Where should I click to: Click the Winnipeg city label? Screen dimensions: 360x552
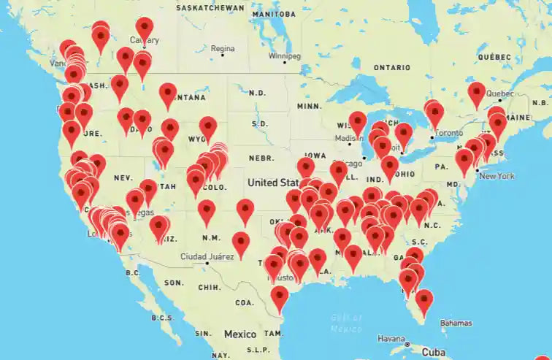pyautogui.click(x=283, y=55)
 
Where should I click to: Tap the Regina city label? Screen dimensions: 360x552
pyautogui.click(x=223, y=49)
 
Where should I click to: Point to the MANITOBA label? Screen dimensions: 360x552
pyautogui.click(x=275, y=14)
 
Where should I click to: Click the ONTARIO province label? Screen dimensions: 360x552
pyautogui.click(x=392, y=67)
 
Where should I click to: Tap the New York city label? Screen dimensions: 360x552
pyautogui.click(x=497, y=176)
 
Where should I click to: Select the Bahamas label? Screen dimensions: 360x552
pyautogui.click(x=455, y=323)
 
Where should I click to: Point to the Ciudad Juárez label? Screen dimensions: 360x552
pyautogui.click(x=207, y=256)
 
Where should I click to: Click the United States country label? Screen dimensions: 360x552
pyautogui.click(x=272, y=182)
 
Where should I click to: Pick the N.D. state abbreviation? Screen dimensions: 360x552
pyautogui.click(x=257, y=93)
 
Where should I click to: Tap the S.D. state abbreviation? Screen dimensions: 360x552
pyautogui.click(x=260, y=123)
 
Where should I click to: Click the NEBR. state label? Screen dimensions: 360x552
pyautogui.click(x=261, y=158)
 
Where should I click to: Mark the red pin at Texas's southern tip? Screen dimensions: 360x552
pyautogui.click(x=280, y=296)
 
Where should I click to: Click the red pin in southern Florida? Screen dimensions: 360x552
pyautogui.click(x=423, y=299)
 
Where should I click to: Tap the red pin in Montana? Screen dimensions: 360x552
pyautogui.click(x=169, y=93)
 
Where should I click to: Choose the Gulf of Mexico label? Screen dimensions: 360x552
pyautogui.click(x=347, y=322)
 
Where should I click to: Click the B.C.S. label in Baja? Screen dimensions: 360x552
pyautogui.click(x=161, y=318)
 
